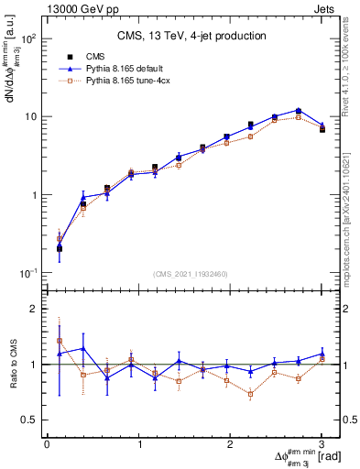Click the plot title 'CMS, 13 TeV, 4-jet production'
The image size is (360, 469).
(192, 37)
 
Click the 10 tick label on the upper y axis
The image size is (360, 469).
(34, 117)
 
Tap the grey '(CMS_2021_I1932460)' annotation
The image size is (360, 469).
(192, 273)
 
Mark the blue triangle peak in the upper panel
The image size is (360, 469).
(299, 110)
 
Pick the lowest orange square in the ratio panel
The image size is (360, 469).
(250, 395)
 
